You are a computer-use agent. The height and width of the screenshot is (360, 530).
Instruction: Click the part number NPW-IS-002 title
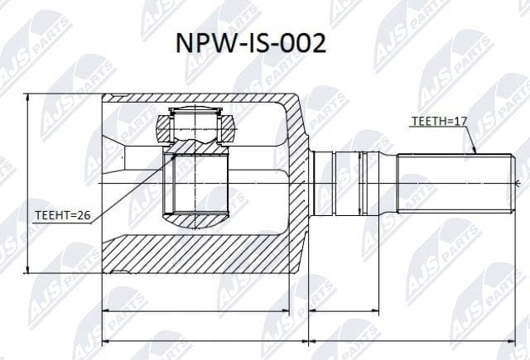[251, 44]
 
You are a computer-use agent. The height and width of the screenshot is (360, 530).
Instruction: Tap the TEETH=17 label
[439, 121]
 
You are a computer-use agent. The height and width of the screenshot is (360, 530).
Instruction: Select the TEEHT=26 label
[63, 215]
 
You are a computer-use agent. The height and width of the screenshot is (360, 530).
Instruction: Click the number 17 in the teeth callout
[461, 121]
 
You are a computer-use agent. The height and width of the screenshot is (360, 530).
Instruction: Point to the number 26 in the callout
[84, 215]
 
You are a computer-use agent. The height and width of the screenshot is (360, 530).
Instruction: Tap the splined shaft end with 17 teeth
[455, 184]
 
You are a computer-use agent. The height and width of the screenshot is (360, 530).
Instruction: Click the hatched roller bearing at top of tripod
[195, 128]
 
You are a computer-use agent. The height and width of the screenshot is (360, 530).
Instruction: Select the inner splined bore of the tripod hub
[196, 184]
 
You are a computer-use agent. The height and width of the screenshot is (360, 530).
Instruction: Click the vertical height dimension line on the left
[27, 184]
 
